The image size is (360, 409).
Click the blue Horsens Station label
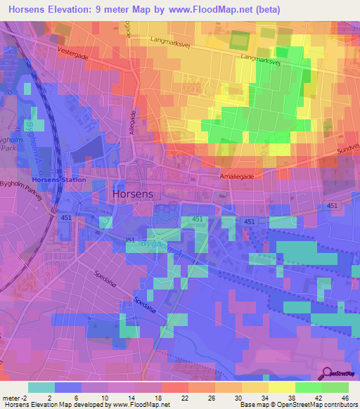pos(60,180)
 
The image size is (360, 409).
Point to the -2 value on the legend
pos(25,397)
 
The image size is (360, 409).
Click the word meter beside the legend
pos(11,397)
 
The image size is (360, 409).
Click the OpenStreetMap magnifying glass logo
pos(327,374)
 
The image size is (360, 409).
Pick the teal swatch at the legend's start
pos(41,387)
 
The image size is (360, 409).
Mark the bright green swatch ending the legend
pos(335,387)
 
